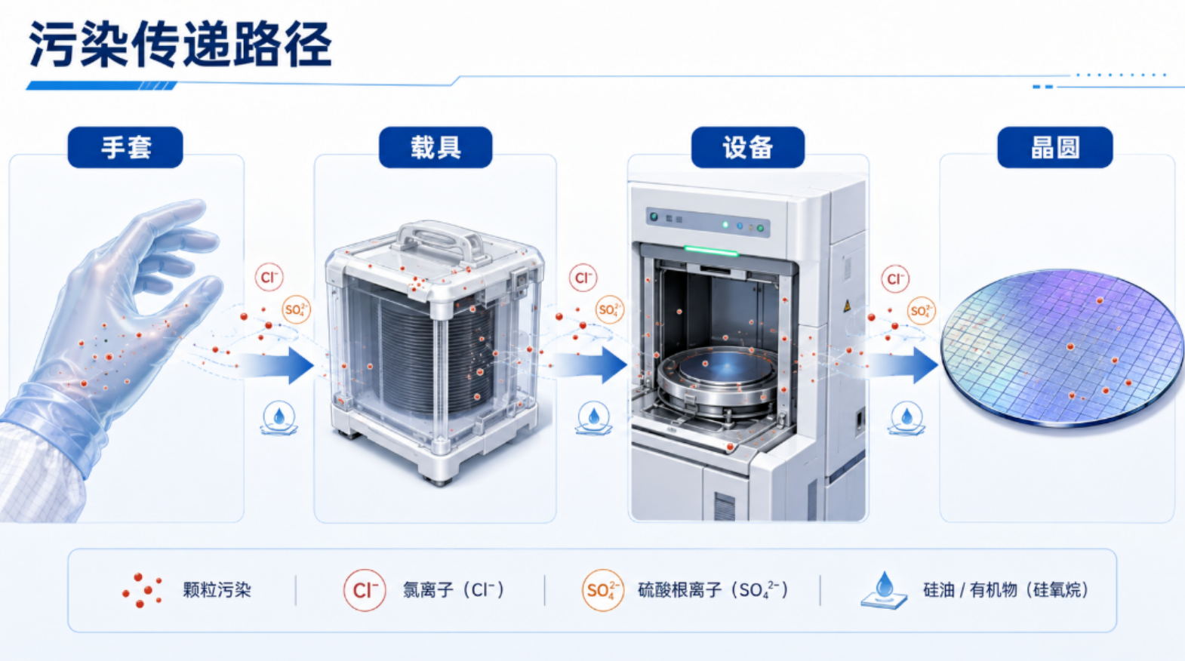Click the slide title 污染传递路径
click(180, 45)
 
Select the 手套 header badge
click(125, 147)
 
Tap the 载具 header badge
click(436, 147)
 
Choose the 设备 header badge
click(747, 147)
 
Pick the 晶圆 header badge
click(1055, 147)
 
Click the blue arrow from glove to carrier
click(275, 365)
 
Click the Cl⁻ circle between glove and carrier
click(269, 277)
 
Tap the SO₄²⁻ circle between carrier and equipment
click(609, 310)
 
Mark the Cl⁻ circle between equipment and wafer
click(895, 278)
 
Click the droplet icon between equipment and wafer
click(906, 419)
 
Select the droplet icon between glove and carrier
click(279, 418)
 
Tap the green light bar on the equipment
click(711, 251)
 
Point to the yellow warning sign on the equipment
click(847, 306)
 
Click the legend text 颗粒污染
click(217, 589)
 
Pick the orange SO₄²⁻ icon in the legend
click(602, 590)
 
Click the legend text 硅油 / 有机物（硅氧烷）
click(1006, 589)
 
